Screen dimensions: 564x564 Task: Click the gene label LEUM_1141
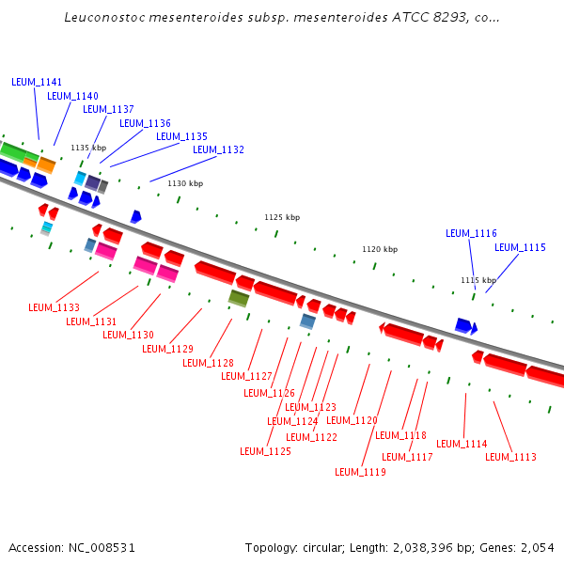coord(37,82)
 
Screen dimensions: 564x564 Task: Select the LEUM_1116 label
coord(471,233)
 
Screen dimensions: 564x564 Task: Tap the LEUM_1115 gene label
coord(520,247)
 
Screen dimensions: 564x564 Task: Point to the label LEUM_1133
coord(54,307)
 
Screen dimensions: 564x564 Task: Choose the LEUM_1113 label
coord(510,457)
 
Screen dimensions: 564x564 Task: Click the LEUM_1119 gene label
coord(360,472)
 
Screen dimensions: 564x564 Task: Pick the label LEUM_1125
coord(265,451)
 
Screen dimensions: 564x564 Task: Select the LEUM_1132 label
coord(218,149)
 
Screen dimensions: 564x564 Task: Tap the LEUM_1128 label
coord(208,363)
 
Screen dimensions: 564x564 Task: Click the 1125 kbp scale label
coord(282,217)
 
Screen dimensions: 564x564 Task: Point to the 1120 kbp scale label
coord(380,249)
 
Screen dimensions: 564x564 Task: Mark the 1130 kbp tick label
coord(185,183)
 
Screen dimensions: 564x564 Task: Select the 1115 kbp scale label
coord(478,280)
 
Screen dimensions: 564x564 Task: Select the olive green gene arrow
coord(239,298)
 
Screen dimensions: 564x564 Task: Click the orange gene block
coord(45,164)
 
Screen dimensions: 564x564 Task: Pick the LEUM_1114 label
coord(462,444)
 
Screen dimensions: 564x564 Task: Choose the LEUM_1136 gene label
coord(145,123)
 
